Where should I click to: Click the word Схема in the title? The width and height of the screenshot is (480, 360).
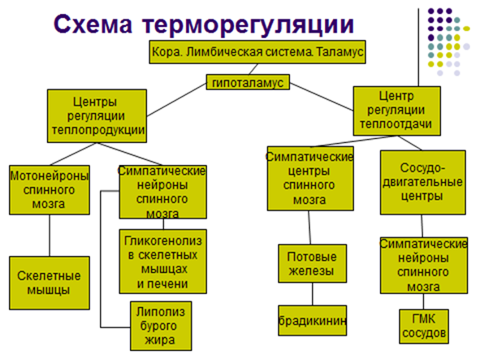pos(93,24)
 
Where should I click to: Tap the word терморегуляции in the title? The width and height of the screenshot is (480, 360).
pos(248,25)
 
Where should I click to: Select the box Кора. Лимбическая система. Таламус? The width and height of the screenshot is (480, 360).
pos(257,52)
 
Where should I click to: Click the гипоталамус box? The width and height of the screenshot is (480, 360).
pos(248,82)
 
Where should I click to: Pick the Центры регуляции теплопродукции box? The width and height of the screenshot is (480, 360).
pos(97,116)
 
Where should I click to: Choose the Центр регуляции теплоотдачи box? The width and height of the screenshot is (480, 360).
pos(396,111)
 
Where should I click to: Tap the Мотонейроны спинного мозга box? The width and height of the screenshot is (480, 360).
pos(50,190)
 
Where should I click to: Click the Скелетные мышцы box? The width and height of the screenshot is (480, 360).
pos(50,283)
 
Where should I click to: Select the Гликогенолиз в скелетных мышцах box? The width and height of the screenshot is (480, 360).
pos(163,262)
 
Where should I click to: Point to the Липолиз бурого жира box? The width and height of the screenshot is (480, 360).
pos(161,326)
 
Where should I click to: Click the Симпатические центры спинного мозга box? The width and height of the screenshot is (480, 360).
pos(310,179)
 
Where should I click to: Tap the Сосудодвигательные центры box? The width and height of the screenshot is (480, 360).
pos(423,182)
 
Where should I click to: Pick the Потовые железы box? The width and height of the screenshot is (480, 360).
pos(312,263)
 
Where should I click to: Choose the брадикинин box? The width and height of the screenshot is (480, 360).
pos(312,320)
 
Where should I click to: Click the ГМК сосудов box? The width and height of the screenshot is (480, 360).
pos(424,327)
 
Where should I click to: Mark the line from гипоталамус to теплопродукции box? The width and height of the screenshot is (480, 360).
pos(176,100)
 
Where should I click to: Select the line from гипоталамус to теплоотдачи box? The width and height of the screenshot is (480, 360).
pos(322,97)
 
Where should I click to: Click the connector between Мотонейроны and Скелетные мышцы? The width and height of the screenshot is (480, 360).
pos(50,236)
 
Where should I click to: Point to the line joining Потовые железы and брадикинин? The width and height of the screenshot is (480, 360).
pos(313,294)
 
